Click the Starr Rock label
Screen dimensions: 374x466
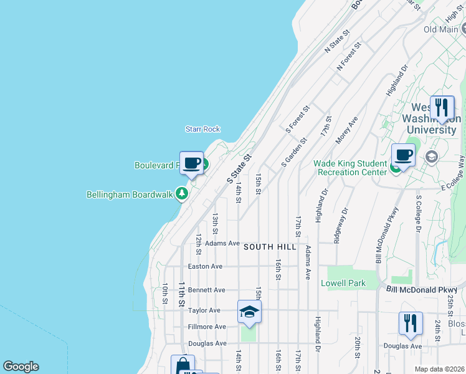(202, 129)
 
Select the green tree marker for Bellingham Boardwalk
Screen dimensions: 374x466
(182, 194)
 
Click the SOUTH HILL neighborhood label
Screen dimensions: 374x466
(267, 247)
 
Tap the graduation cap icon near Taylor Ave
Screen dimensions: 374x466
(249, 312)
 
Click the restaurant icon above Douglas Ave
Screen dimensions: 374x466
(411, 323)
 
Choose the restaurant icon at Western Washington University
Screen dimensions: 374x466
(442, 107)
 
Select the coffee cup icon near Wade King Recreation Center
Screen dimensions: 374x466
(403, 155)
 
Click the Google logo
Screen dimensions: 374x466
(21, 367)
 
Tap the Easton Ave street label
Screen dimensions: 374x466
(205, 266)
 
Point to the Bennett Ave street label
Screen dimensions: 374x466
(206, 290)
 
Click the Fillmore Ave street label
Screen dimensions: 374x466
(207, 327)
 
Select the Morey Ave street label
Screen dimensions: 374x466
(347, 130)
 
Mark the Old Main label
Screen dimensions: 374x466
(441, 29)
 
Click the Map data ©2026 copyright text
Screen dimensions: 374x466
(439, 369)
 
